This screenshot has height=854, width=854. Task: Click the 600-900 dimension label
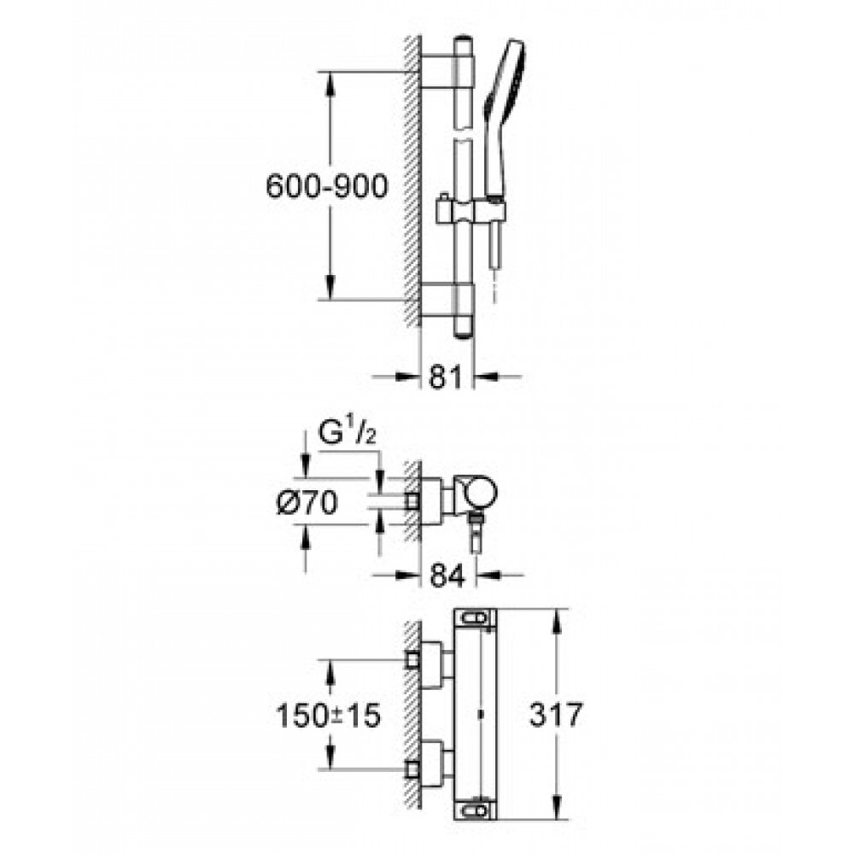coord(327,186)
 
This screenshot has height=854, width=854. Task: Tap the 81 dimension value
coord(446,377)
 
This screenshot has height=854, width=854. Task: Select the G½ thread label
coord(347,433)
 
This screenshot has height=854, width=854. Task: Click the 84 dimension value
coord(447,575)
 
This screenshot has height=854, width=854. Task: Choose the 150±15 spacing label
coord(328,715)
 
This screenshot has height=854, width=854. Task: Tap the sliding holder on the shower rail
coord(471,211)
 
